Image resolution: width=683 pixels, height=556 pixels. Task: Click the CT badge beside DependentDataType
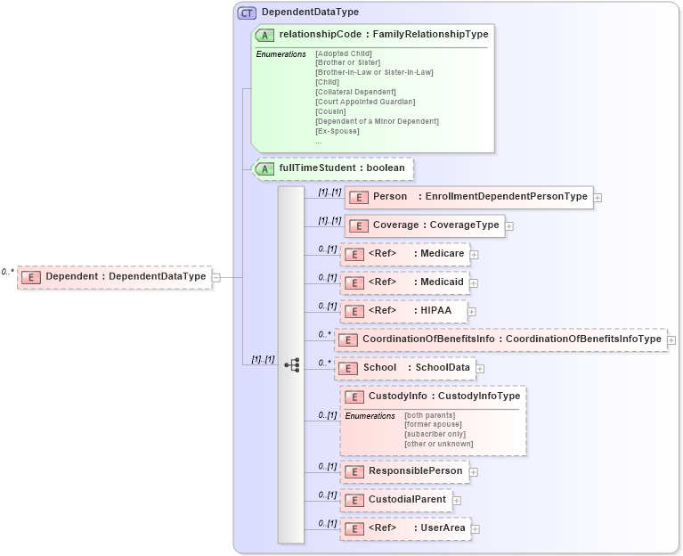(x=247, y=12)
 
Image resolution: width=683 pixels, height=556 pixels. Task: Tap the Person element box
(x=468, y=197)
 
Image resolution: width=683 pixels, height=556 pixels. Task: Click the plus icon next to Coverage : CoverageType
(x=509, y=226)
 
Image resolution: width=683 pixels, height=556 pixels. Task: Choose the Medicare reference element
(x=406, y=254)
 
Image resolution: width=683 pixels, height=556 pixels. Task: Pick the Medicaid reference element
(x=406, y=282)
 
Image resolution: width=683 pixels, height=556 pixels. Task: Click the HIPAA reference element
(x=404, y=311)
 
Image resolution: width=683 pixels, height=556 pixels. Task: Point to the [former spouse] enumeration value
(x=433, y=424)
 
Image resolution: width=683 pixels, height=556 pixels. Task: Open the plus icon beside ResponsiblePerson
(x=474, y=472)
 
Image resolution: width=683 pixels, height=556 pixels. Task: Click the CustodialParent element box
(x=395, y=500)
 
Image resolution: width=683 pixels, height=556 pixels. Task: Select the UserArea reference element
(x=406, y=528)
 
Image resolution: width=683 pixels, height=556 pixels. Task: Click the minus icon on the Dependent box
(x=216, y=277)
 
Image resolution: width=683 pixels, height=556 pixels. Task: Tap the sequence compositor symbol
(x=291, y=364)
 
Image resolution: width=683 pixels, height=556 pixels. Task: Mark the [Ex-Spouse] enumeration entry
(x=337, y=131)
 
